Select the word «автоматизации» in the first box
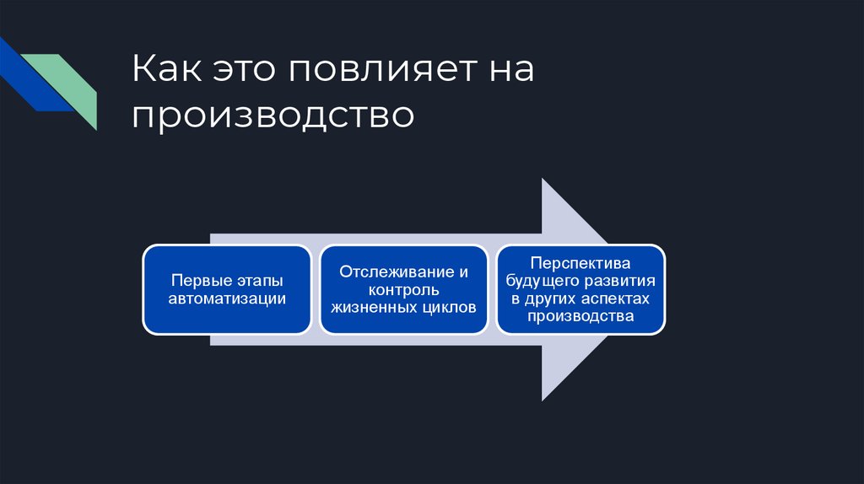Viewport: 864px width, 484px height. click(227, 298)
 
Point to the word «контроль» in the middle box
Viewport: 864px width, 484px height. click(403, 289)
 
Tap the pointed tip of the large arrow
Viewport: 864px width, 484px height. click(609, 289)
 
